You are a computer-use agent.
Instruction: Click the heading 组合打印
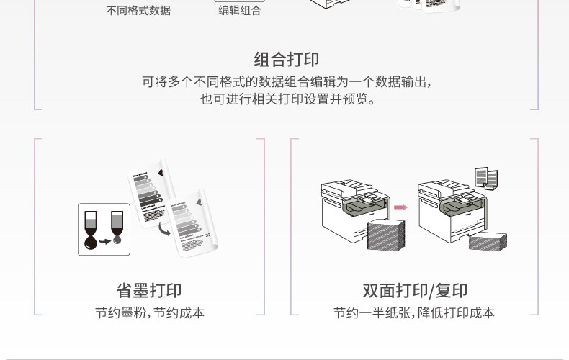click(286, 59)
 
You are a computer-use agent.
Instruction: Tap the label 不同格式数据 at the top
click(138, 11)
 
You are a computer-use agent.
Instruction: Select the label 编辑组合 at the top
click(240, 11)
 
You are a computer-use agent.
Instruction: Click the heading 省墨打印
click(149, 290)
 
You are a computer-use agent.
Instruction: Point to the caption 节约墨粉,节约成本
click(149, 313)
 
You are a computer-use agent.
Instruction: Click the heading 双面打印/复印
click(415, 290)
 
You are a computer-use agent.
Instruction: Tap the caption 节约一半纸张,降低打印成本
click(414, 313)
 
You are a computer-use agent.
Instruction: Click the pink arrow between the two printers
click(400, 207)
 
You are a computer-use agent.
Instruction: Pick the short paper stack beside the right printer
click(488, 240)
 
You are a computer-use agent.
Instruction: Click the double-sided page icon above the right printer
click(486, 177)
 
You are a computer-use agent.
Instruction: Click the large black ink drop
click(91, 242)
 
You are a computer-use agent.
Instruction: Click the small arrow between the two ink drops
click(104, 242)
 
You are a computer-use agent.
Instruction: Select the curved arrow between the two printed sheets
click(164, 228)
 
